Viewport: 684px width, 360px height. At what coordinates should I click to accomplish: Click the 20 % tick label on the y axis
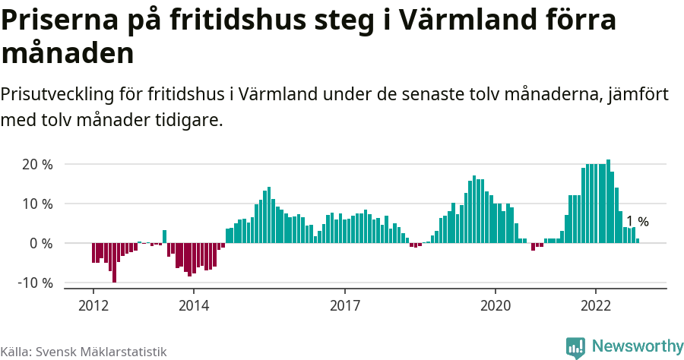(x=36, y=165)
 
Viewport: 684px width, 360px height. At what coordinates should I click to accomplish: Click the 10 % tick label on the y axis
(x=36, y=204)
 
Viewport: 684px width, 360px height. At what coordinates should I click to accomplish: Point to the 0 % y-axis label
(x=40, y=244)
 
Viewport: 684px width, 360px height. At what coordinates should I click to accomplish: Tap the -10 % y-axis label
(x=34, y=283)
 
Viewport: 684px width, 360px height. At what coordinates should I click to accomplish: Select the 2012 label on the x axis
(x=93, y=304)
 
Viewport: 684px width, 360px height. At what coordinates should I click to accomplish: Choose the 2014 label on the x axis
(x=193, y=304)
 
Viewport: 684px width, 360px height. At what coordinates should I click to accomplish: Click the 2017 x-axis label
(x=344, y=304)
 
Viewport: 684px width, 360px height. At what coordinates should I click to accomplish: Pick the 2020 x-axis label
(x=496, y=304)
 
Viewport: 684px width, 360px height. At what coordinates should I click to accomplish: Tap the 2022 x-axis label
(x=596, y=304)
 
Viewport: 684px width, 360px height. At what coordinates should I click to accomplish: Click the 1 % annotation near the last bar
(x=637, y=222)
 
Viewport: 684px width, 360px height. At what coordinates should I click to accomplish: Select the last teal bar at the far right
(x=638, y=241)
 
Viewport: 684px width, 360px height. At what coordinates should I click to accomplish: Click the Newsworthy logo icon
(x=575, y=347)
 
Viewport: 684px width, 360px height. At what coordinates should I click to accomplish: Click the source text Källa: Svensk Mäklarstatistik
(x=84, y=352)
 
